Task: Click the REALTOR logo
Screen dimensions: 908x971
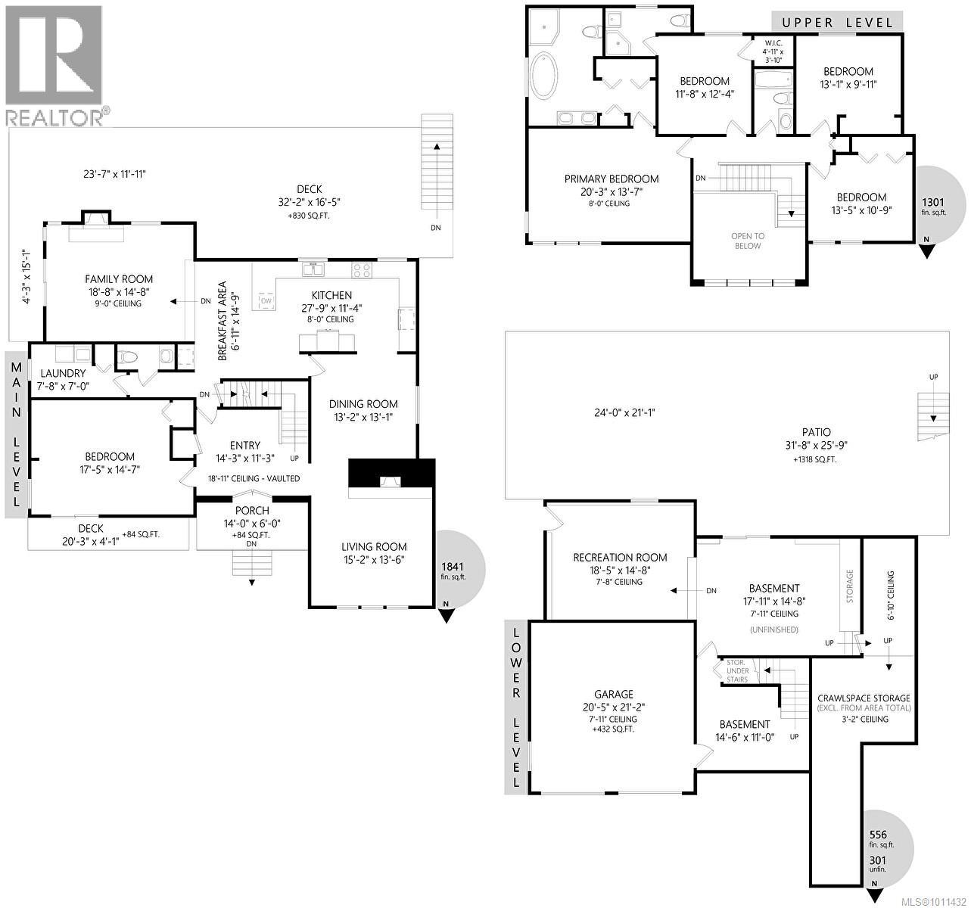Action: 54,64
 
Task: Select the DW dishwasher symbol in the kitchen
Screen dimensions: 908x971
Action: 266,300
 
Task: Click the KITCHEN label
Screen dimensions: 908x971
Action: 331,295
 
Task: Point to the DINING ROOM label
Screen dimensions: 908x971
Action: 363,404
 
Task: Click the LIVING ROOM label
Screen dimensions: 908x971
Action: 373,546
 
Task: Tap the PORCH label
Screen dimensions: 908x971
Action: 252,511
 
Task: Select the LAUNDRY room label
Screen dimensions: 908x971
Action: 63,373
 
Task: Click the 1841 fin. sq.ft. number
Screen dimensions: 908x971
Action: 452,566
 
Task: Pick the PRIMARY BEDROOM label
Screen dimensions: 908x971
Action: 611,179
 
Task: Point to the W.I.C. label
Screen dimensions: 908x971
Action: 773,42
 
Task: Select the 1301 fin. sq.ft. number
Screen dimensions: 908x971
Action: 932,202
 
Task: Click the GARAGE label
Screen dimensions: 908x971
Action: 613,694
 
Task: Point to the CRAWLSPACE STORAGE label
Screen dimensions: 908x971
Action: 864,698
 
